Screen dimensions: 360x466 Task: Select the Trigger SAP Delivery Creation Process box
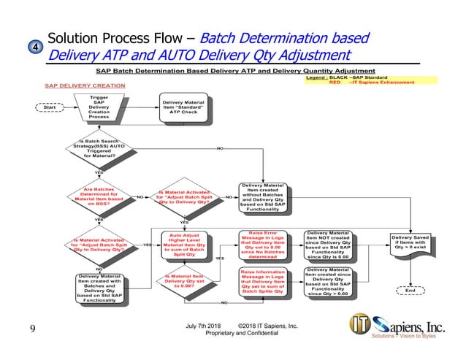pyautogui.click(x=99, y=107)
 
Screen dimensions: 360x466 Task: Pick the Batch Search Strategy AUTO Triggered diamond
pyautogui.click(x=99, y=149)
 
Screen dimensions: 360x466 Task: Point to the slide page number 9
pyautogui.click(x=32, y=329)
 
